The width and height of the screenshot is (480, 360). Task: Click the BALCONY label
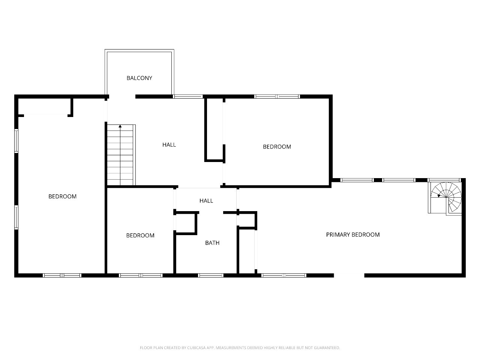coord(139,78)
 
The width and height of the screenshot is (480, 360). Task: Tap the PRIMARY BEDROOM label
coord(353,235)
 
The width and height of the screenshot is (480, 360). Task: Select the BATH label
coord(212,243)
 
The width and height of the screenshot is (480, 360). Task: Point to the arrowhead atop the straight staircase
coord(120,126)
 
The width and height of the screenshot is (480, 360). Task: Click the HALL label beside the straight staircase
coord(169,145)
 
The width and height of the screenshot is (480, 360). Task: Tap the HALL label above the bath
coord(206,201)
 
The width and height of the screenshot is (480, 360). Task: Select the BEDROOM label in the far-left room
coord(62,196)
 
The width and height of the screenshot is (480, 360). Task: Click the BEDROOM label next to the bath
coord(140,235)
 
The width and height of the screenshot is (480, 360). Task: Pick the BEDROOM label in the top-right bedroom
coord(277,147)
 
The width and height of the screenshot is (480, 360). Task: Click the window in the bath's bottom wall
coord(211,275)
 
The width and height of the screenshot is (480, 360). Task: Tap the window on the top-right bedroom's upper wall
coord(277,96)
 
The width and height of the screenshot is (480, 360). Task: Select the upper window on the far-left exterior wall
coord(16,141)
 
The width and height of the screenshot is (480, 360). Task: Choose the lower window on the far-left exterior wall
coord(16,217)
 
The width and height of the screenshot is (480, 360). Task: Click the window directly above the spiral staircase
coord(444,180)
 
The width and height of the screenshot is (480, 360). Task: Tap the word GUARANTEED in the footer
coord(327,348)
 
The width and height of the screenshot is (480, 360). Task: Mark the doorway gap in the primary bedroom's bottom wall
coord(349,275)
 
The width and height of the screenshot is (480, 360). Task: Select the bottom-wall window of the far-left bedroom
coord(62,275)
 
